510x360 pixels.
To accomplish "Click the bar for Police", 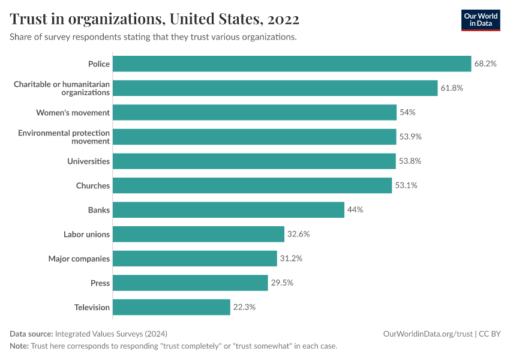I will [x=292, y=64].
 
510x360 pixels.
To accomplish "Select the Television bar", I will [x=172, y=307].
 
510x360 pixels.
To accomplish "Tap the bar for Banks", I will [x=228, y=210].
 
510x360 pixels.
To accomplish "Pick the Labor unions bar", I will [x=198, y=234].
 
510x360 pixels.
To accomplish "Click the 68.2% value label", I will [x=485, y=64].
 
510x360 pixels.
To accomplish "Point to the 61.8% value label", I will [x=452, y=88].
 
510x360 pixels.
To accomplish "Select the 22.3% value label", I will [x=244, y=307].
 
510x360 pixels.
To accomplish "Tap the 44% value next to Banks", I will [x=355, y=210].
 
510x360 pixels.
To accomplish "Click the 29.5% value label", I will [x=282, y=283].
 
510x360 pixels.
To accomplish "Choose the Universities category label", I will [x=88, y=161].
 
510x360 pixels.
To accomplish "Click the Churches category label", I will [x=93, y=185].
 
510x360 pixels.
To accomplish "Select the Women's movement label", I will [x=73, y=112].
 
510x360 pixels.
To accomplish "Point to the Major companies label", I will [x=79, y=259].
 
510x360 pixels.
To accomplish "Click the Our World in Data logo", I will [x=481, y=20].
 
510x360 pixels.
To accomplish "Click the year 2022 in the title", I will [x=284, y=19].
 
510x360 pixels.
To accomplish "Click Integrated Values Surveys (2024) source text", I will [x=111, y=334].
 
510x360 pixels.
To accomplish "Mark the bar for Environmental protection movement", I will [x=254, y=137].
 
